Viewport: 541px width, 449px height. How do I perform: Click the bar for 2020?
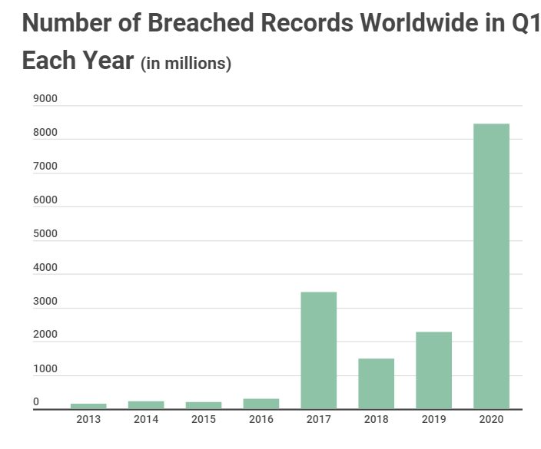[491, 266]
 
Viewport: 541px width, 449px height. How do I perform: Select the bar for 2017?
[318, 350]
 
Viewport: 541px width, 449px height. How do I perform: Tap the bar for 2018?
[376, 383]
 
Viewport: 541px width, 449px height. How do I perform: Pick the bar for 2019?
[433, 370]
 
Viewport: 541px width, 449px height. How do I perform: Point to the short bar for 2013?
[88, 406]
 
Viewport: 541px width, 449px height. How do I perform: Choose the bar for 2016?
[261, 404]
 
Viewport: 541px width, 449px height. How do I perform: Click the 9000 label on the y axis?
[45, 99]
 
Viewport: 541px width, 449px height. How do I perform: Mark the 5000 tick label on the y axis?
[45, 234]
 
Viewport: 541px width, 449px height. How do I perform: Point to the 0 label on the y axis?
[36, 401]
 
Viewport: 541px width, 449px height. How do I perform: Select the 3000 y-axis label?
[45, 302]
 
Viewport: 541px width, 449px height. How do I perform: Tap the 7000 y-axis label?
[45, 167]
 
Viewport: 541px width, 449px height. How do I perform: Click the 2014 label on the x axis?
[146, 420]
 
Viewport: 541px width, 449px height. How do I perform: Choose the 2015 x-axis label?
[204, 420]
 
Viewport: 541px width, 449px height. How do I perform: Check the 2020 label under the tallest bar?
[491, 420]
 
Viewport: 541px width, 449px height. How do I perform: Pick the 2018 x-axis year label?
[376, 420]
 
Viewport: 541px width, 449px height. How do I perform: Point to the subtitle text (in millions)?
[186, 63]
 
